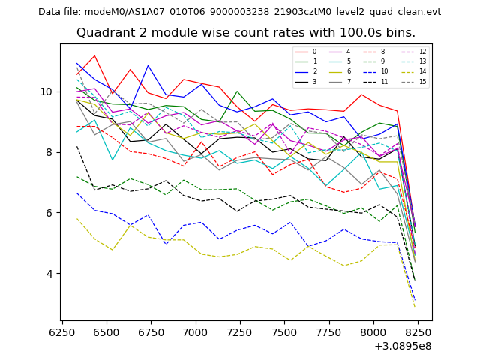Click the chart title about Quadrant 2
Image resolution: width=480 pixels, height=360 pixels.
(x=246, y=33)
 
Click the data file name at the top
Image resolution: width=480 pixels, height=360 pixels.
(x=239, y=12)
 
